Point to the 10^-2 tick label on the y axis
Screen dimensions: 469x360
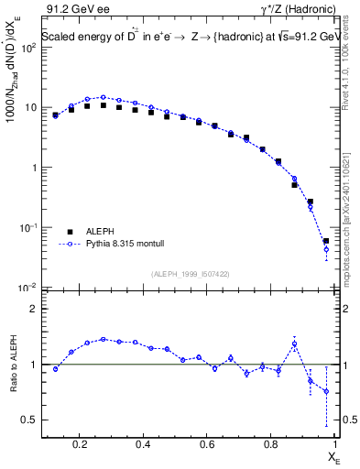point(27,289)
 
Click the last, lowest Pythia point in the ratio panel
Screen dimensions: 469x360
point(326,391)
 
